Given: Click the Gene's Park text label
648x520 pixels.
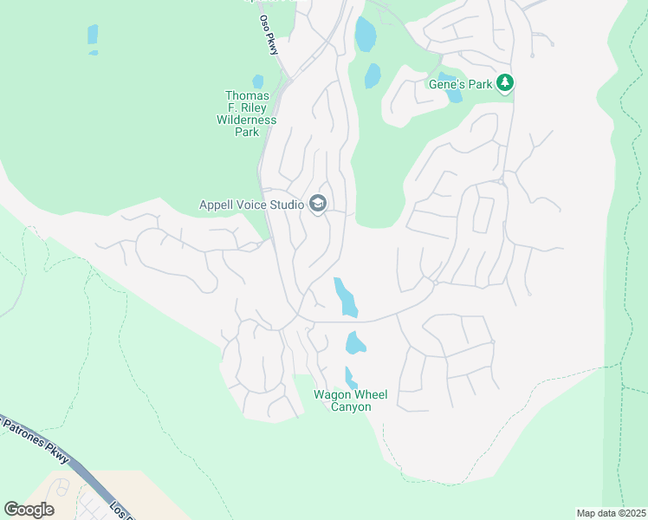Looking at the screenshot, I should click(x=461, y=84).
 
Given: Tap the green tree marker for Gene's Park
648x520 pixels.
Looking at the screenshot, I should click(x=506, y=83).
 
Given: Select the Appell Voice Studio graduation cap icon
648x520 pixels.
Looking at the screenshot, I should click(x=318, y=205).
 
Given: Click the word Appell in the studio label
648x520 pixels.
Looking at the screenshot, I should click(x=217, y=205).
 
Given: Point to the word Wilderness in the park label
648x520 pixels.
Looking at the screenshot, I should click(x=247, y=120).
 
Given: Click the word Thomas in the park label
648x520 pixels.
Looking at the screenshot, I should click(x=247, y=95).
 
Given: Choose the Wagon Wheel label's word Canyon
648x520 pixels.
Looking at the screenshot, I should click(x=352, y=406).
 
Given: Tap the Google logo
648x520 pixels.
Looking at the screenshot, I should click(x=29, y=510).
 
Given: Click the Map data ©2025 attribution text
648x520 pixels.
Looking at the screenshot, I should click(x=610, y=513).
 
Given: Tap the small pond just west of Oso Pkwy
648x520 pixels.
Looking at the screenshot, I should click(x=257, y=81).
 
